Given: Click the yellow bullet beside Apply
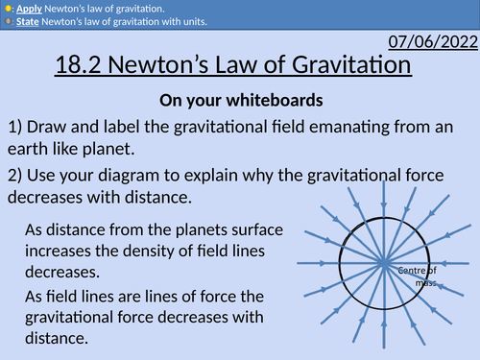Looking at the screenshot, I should (x=8, y=7).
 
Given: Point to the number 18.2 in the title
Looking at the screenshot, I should (x=83, y=67).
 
